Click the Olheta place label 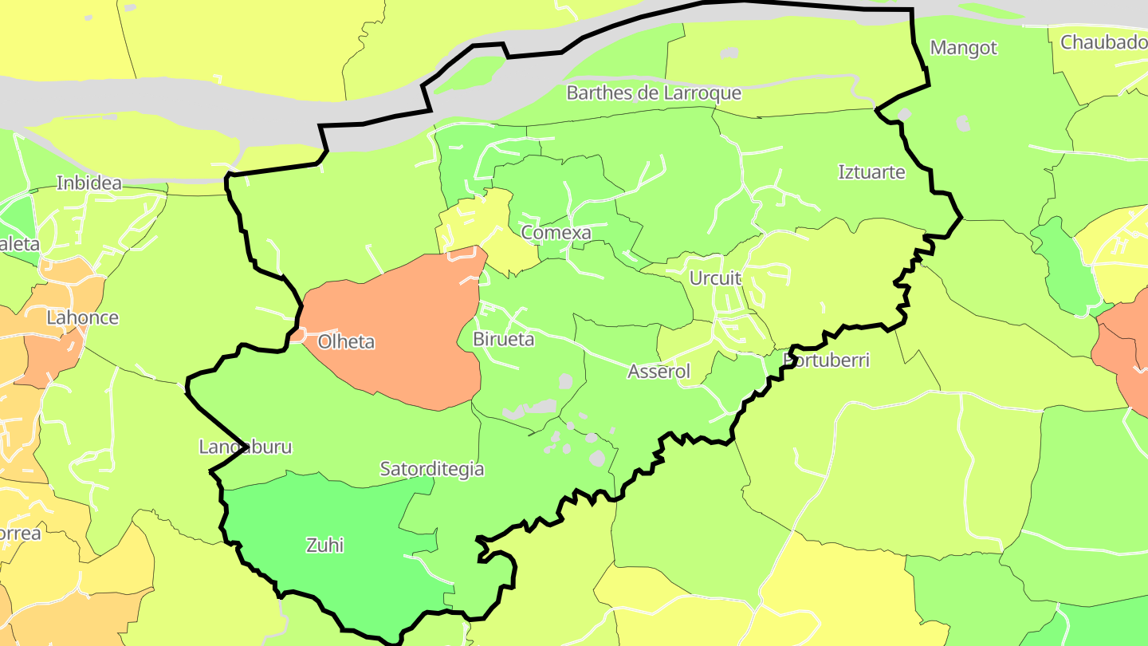(x=346, y=342)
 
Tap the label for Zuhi (x=325, y=546)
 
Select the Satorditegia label (x=431, y=469)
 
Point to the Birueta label (x=504, y=339)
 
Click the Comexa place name (x=556, y=233)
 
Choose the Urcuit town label (x=715, y=278)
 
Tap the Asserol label (x=659, y=372)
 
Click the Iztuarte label (x=872, y=172)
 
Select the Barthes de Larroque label (x=654, y=93)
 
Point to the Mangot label (x=963, y=48)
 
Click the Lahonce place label (x=82, y=317)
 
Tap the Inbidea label (x=89, y=183)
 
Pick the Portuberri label (x=827, y=360)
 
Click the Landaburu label (x=245, y=447)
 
